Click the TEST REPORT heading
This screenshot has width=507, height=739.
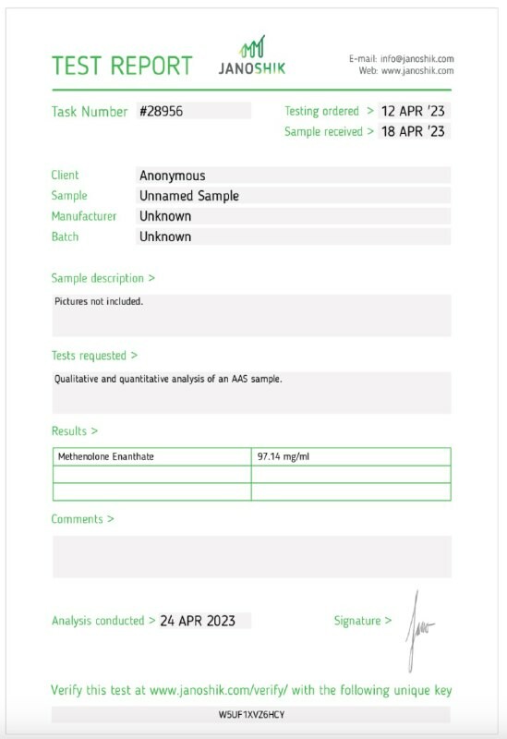click(122, 66)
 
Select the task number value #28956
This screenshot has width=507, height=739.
click(162, 111)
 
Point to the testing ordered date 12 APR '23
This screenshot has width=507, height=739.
click(413, 111)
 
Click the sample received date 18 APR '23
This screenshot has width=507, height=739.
click(413, 131)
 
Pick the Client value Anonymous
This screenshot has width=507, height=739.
click(173, 176)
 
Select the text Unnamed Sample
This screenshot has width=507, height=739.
click(189, 196)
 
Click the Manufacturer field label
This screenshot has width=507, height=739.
click(84, 216)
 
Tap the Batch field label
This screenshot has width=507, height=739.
click(66, 236)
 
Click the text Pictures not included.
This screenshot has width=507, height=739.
click(99, 301)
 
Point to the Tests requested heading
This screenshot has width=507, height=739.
click(94, 355)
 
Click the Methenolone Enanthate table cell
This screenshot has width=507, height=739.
click(106, 456)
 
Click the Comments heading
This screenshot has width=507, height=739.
click(82, 519)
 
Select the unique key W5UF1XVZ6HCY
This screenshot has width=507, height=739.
click(251, 715)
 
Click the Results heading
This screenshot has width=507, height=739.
click(74, 431)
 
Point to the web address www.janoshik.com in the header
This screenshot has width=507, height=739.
click(417, 70)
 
